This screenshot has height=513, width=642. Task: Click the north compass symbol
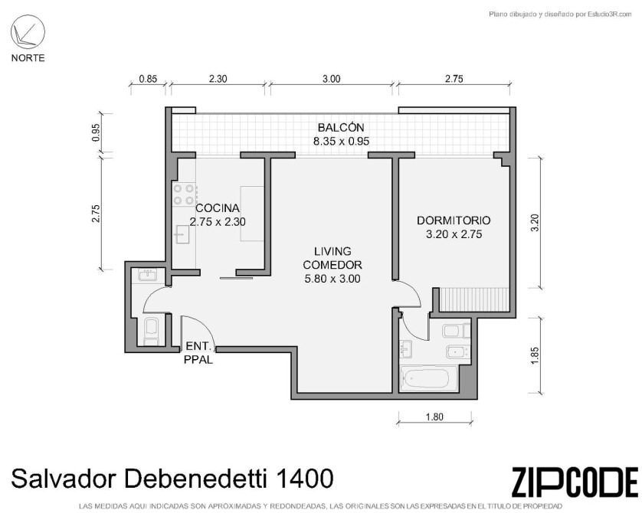coord(28,32)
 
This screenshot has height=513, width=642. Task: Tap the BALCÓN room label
coord(341,127)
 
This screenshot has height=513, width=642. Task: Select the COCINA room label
coord(218,207)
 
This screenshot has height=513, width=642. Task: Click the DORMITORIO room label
coord(454,221)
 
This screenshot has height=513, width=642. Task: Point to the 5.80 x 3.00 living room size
coord(332,279)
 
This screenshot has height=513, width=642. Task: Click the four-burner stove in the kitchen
coord(184,194)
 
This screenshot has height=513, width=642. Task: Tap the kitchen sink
coord(182,234)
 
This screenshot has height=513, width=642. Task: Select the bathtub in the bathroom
coord(428,378)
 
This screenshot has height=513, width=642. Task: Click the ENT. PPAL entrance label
coord(198,353)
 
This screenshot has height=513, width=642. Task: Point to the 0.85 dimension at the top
coord(148,79)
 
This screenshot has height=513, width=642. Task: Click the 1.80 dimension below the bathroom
coord(434,417)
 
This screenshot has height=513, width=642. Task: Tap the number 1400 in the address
coord(305,479)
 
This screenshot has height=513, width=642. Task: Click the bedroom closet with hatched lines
coord(474,299)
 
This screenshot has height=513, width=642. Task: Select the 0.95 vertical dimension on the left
coord(96,132)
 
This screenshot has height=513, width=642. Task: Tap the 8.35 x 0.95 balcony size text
coord(341,142)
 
